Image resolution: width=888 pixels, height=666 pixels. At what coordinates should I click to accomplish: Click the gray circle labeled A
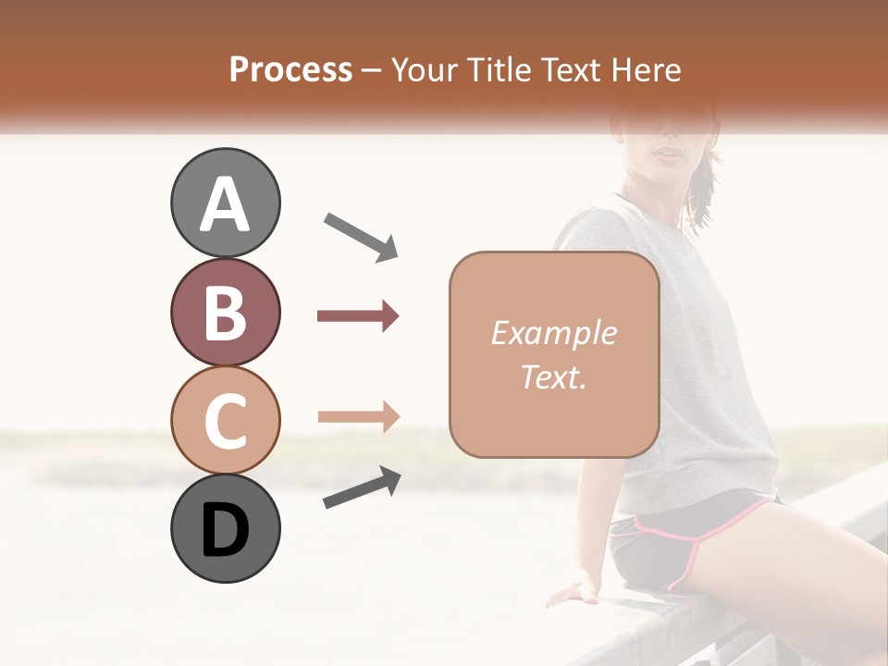(225, 203)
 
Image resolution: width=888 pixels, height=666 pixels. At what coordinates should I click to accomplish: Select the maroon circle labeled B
(225, 312)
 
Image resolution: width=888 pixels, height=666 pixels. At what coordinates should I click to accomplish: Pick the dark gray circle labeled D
(225, 528)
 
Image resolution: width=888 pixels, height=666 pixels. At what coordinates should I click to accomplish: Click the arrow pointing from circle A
(361, 236)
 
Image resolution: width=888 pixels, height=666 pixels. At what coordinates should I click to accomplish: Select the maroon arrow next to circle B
(358, 316)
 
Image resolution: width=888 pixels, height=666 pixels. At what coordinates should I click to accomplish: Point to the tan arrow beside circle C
(358, 417)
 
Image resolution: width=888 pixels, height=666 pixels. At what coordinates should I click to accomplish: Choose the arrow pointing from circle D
(362, 487)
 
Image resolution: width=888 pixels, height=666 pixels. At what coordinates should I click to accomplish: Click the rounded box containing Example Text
(554, 354)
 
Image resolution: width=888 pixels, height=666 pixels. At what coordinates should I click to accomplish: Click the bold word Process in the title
(290, 69)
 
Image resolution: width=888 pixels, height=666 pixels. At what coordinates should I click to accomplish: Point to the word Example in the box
(553, 333)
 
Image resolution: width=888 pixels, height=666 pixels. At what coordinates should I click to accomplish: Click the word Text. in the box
(553, 376)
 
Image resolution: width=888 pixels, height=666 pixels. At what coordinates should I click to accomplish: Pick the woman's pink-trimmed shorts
(694, 541)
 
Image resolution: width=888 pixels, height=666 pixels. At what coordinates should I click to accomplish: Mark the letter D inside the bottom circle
(225, 530)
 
